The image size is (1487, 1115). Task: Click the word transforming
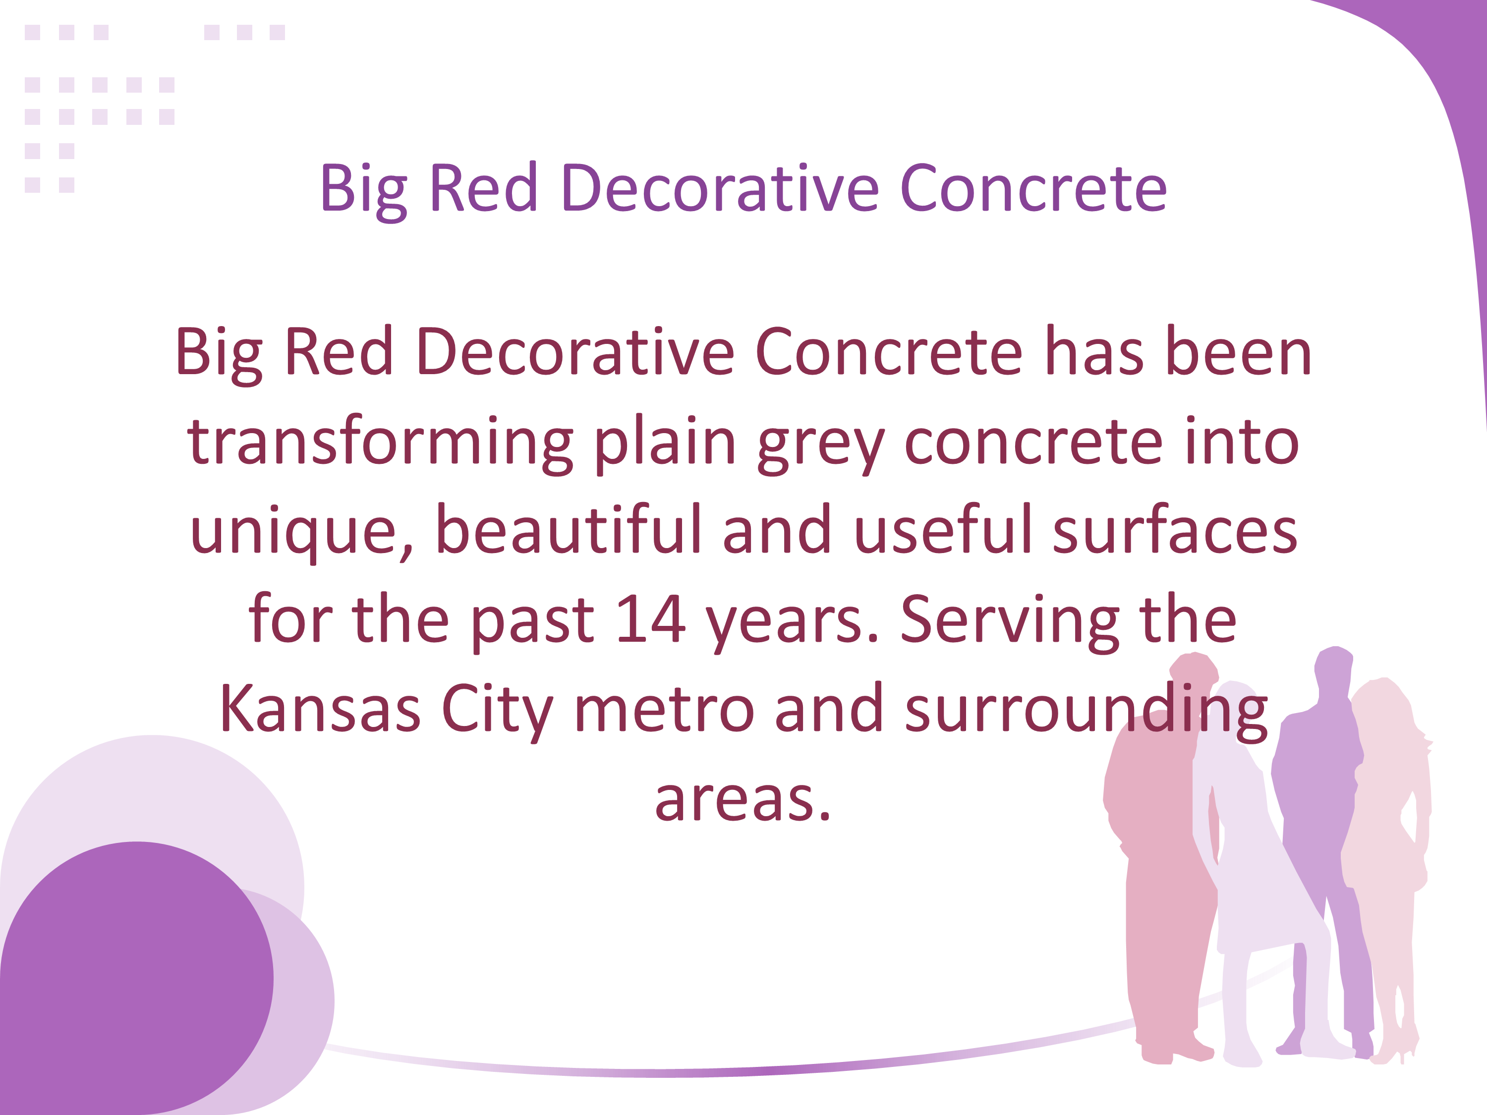[380, 444]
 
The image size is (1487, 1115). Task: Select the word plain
[666, 444]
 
